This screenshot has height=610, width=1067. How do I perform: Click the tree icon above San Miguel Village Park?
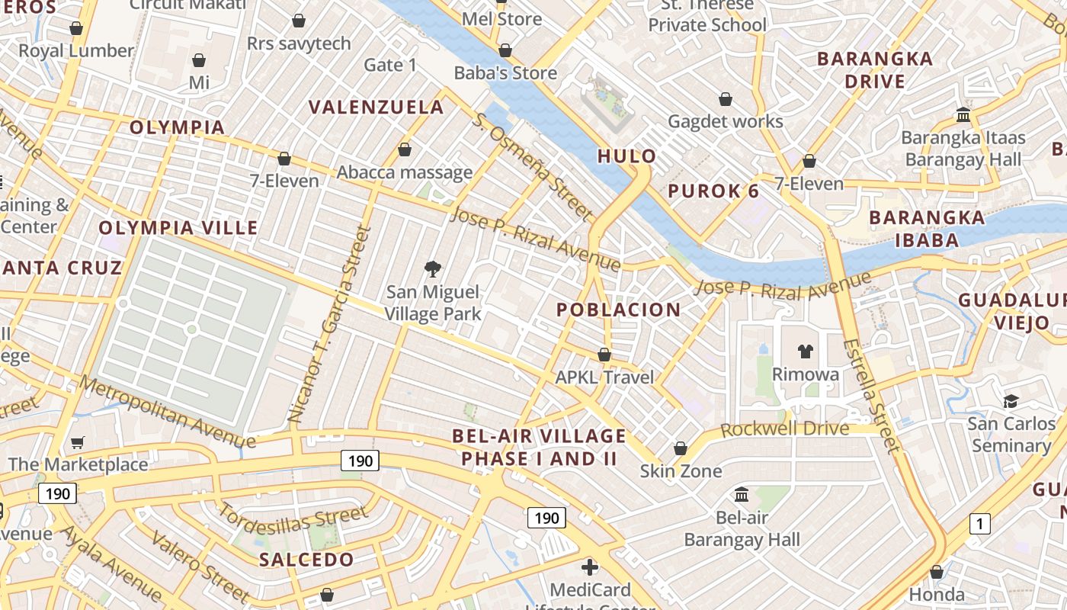[433, 268]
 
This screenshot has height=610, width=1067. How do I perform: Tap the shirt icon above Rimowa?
[806, 352]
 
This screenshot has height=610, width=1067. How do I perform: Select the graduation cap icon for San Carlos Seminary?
[1011, 401]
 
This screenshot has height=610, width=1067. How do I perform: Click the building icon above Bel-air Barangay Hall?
[742, 495]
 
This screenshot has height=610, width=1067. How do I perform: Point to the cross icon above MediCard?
[590, 567]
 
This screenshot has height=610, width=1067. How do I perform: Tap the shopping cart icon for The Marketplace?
[77, 442]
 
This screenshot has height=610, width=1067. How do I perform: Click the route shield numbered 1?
[979, 524]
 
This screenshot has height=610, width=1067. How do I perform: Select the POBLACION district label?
[618, 310]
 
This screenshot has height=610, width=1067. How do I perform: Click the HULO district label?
[626, 156]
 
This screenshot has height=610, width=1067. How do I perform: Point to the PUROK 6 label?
[713, 191]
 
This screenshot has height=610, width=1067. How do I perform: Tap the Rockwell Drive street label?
[784, 429]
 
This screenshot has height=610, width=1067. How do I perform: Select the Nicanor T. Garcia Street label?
[329, 325]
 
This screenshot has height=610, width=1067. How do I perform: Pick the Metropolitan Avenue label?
[167, 412]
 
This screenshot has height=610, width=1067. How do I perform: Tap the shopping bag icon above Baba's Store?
[505, 51]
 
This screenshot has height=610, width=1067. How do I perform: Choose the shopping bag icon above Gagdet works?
[726, 99]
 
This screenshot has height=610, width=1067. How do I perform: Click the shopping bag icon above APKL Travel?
[604, 355]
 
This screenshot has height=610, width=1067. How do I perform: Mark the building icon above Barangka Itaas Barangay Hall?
[963, 115]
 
